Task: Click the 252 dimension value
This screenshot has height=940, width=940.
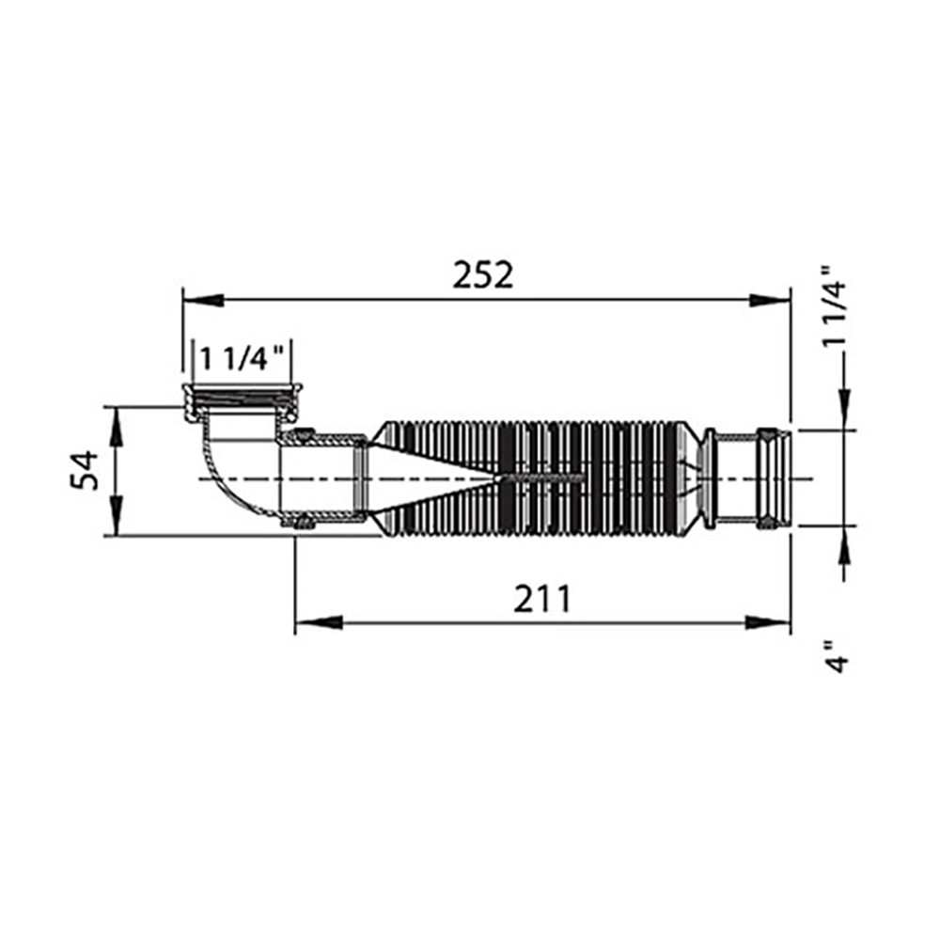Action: click(x=482, y=275)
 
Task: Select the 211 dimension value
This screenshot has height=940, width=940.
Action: click(x=542, y=598)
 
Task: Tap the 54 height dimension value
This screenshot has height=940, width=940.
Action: click(x=85, y=471)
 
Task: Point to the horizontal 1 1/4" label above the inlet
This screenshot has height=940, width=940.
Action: click(x=242, y=359)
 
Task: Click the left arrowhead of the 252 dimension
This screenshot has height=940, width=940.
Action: click(x=203, y=301)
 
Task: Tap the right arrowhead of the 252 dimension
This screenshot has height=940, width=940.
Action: click(x=769, y=301)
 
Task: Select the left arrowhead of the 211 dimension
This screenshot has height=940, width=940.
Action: click(x=319, y=623)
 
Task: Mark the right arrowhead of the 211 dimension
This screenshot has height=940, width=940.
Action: click(x=768, y=623)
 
